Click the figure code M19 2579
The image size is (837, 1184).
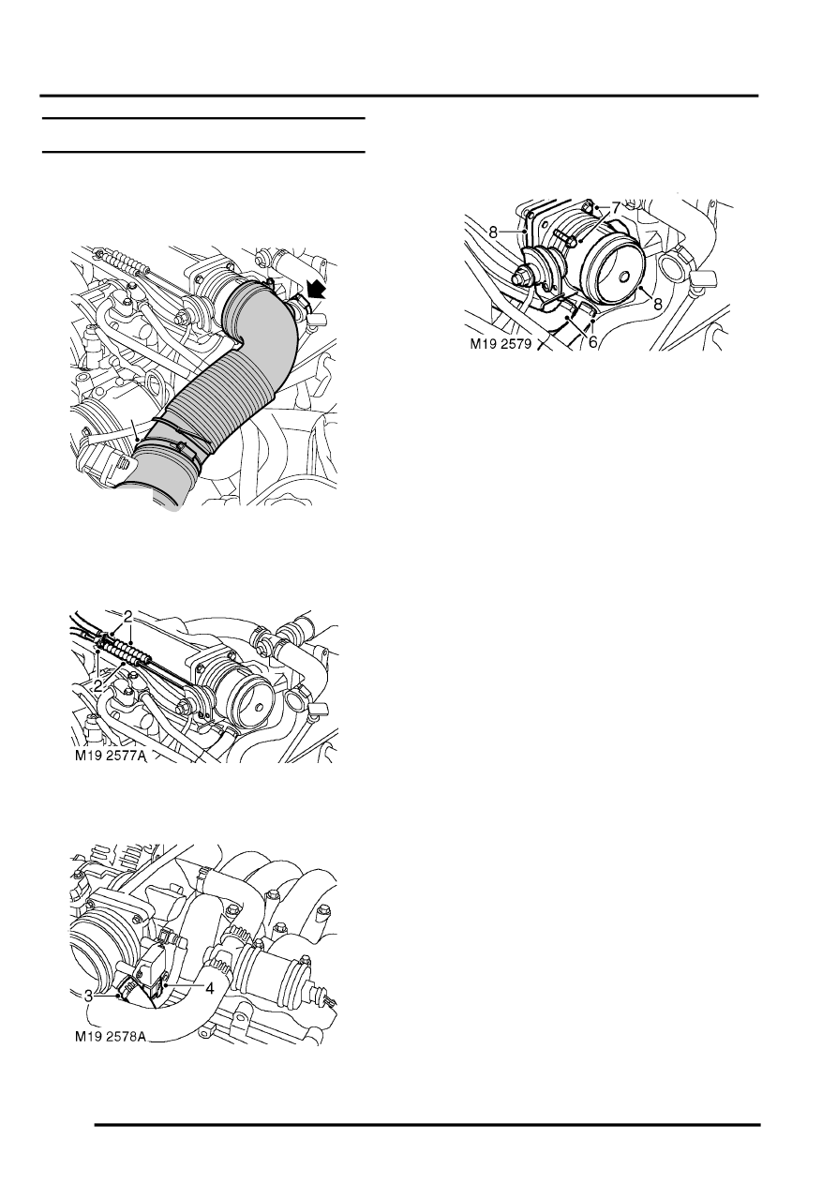click(x=501, y=344)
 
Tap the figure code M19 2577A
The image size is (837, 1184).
click(x=110, y=757)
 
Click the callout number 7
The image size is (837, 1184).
click(x=615, y=208)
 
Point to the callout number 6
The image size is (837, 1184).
click(x=592, y=342)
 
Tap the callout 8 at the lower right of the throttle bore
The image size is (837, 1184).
click(x=658, y=304)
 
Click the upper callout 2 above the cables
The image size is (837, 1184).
click(x=127, y=616)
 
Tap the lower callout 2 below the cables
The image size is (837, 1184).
click(x=98, y=686)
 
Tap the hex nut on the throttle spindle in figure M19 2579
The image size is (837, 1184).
click(x=520, y=276)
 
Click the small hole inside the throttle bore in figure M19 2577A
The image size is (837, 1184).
click(x=259, y=707)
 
